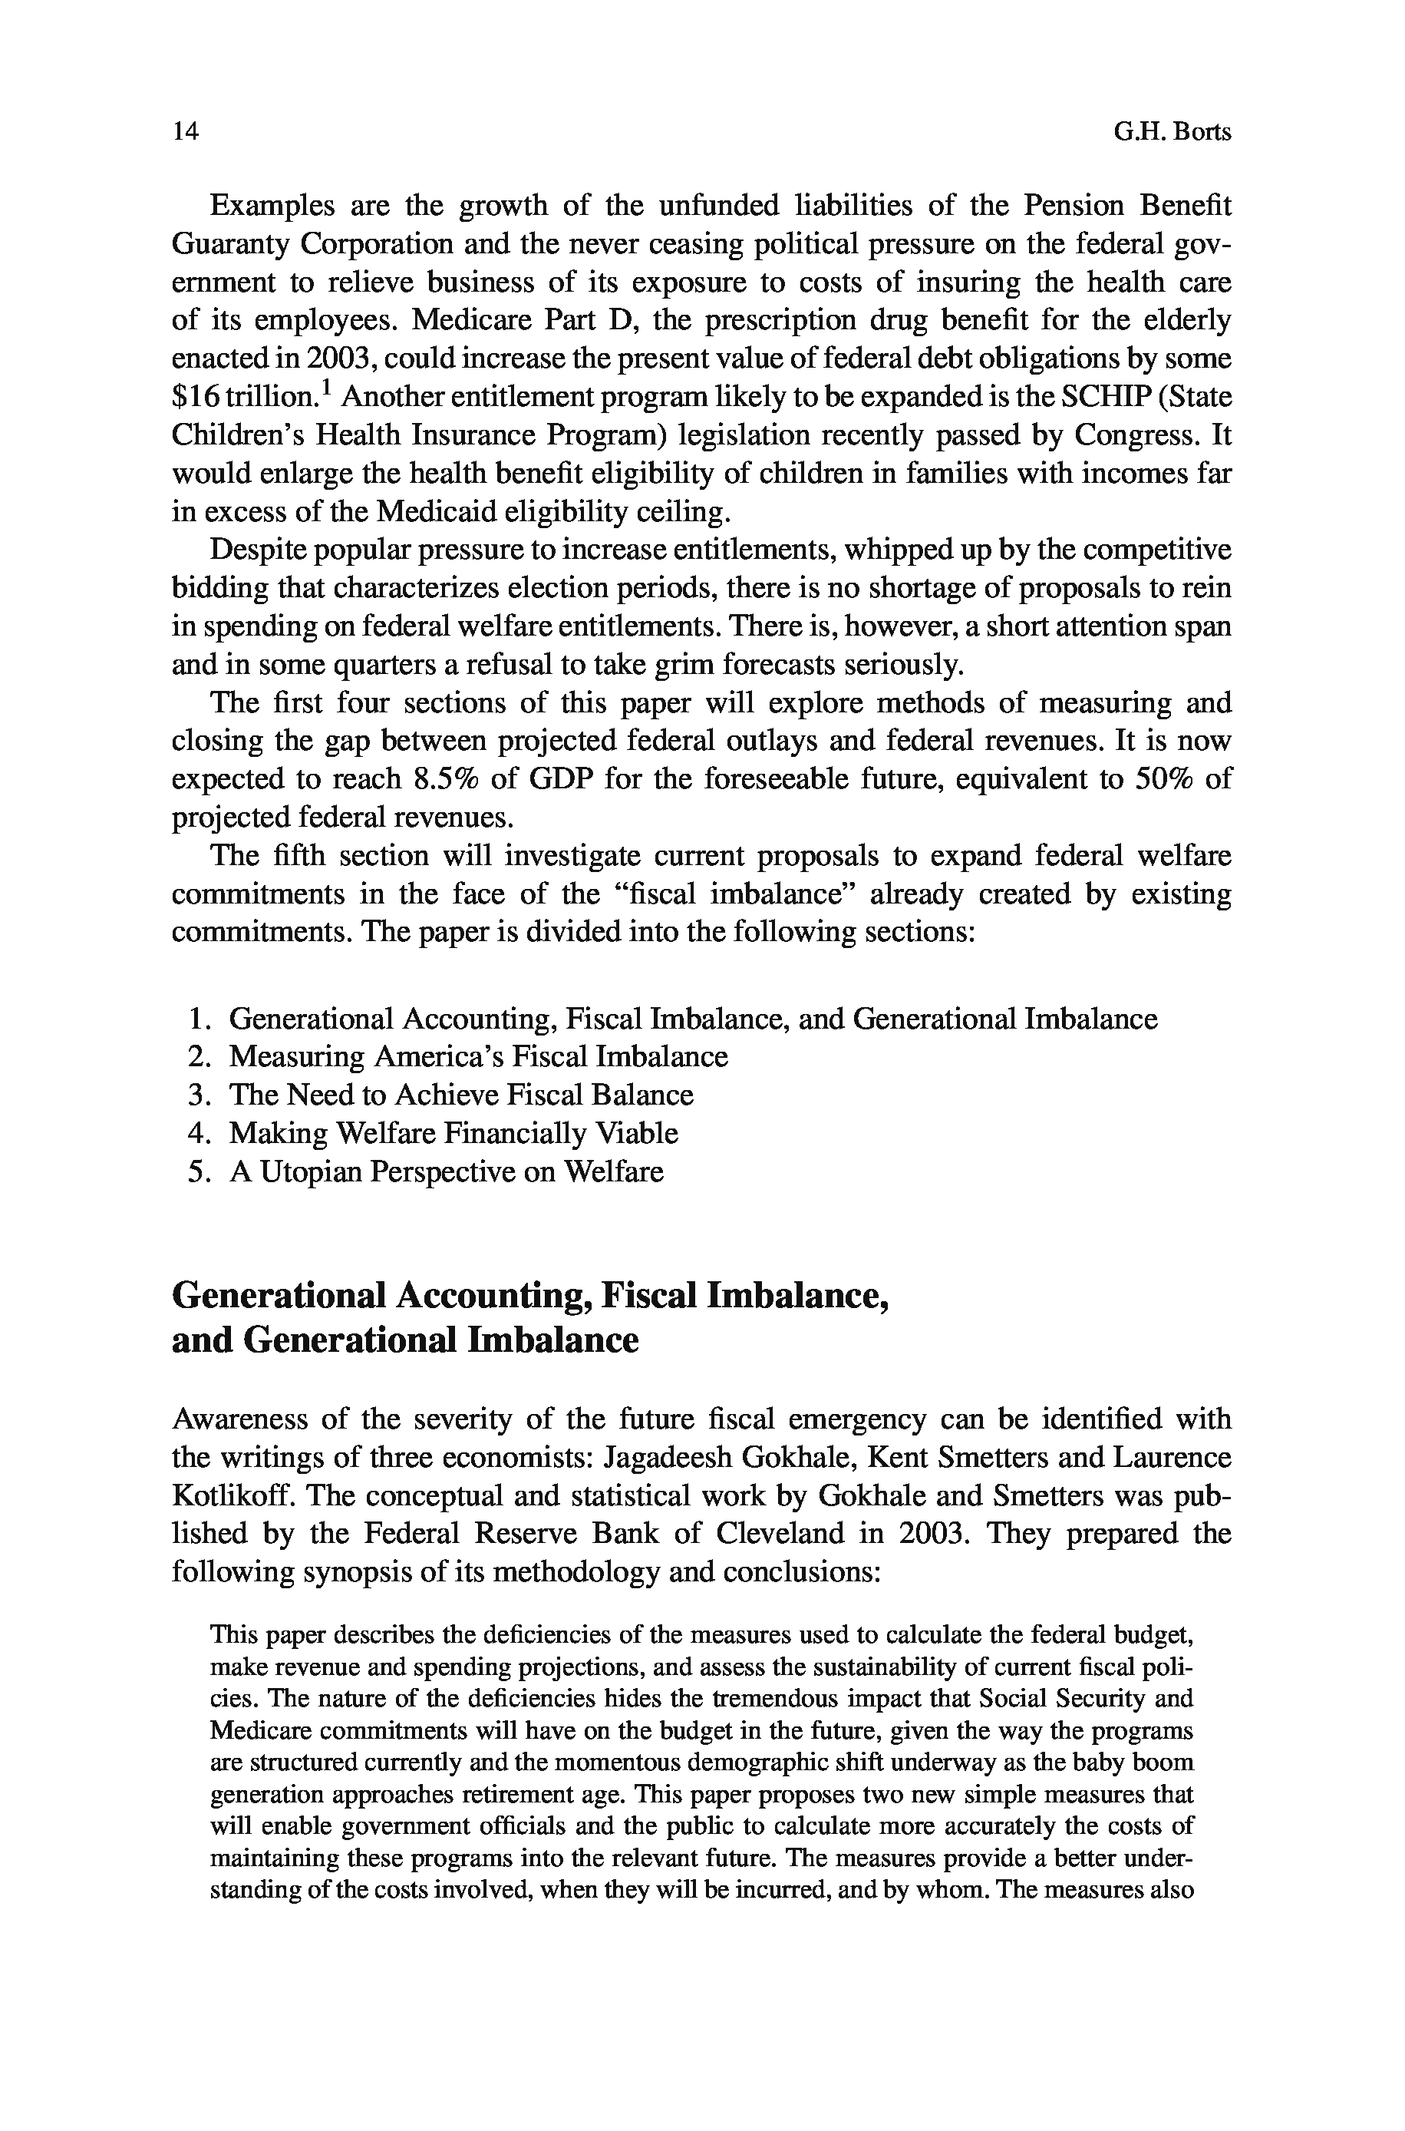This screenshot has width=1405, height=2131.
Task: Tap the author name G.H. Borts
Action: coord(1172,133)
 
